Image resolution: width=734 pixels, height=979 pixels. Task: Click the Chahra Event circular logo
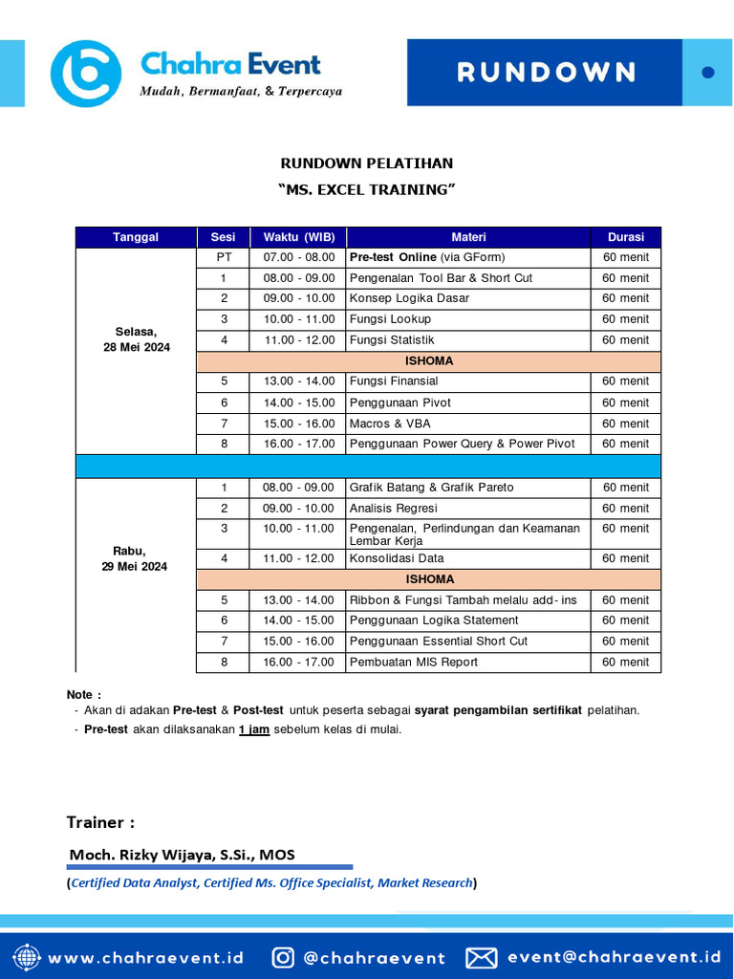click(85, 73)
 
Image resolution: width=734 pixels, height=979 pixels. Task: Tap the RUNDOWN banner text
click(546, 73)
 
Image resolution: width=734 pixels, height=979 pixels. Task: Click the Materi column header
click(468, 237)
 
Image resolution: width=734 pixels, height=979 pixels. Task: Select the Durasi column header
click(625, 237)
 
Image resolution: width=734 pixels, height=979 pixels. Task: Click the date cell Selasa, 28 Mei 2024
click(136, 339)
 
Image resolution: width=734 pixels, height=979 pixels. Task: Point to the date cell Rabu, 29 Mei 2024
click(136, 558)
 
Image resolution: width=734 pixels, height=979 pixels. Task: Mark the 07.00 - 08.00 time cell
click(298, 257)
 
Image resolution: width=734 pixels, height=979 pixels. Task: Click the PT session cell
click(224, 257)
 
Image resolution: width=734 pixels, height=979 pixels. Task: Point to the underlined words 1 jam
click(254, 729)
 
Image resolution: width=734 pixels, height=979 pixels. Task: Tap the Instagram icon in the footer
click(283, 957)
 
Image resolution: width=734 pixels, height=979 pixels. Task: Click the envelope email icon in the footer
click(482, 957)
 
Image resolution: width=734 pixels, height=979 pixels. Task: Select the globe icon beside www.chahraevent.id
click(27, 957)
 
